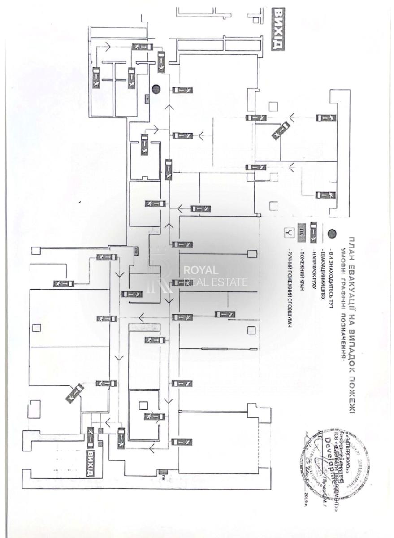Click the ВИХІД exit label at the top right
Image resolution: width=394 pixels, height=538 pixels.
click(278, 30)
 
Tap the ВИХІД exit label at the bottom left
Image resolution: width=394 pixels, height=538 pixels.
click(91, 464)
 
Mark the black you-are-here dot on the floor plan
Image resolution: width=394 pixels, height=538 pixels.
click(156, 89)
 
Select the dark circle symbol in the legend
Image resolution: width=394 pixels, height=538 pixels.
click(332, 233)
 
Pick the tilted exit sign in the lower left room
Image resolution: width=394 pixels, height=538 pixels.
click(74, 393)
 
